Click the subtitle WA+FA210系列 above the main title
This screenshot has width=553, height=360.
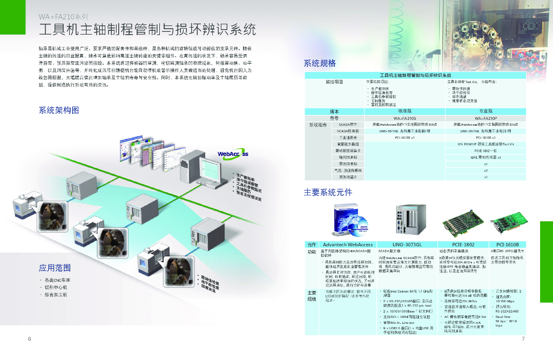63,17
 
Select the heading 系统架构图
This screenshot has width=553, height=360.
58,110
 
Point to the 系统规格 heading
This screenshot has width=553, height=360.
320,63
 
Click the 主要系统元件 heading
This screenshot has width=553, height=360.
327,192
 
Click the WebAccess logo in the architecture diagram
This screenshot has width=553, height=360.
233,154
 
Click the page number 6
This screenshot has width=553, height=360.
29,338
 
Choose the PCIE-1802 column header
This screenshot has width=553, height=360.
458,244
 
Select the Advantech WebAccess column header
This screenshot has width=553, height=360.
347,244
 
